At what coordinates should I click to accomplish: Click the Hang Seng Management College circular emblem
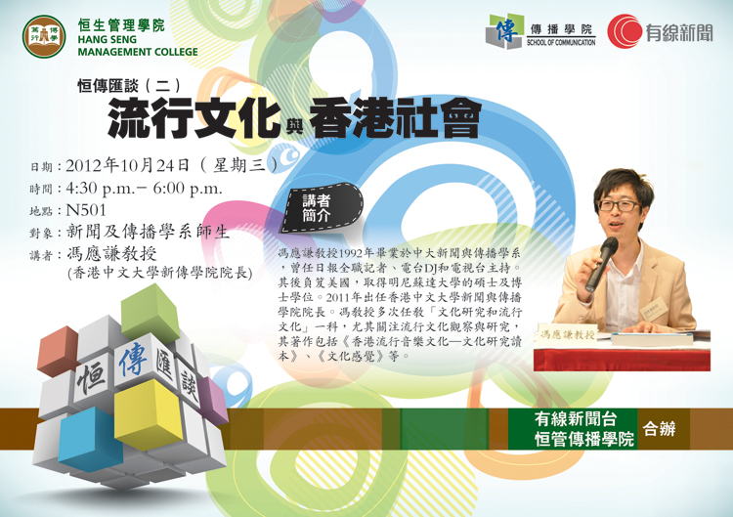coord(44,36)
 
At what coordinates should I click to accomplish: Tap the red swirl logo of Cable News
coord(625,31)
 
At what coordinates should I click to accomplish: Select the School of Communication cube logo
coord(504,31)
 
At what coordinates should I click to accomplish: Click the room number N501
coord(86,210)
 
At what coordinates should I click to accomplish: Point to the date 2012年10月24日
coord(127,165)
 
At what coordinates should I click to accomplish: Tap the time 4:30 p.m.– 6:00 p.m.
coord(144,188)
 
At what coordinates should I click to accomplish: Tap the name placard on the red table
coord(567,334)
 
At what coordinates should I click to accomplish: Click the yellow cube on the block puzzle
coord(149,413)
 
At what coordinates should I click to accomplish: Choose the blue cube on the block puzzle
coord(91,439)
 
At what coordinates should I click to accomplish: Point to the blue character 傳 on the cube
coord(133,359)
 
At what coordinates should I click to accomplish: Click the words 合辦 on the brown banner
coord(659,428)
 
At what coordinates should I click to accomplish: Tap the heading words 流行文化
coord(194,118)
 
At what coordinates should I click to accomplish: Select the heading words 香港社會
coord(395,118)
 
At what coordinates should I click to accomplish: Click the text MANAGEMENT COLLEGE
coord(138,52)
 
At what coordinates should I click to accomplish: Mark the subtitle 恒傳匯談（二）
coord(129,85)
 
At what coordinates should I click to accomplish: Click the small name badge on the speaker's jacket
coord(654,309)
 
